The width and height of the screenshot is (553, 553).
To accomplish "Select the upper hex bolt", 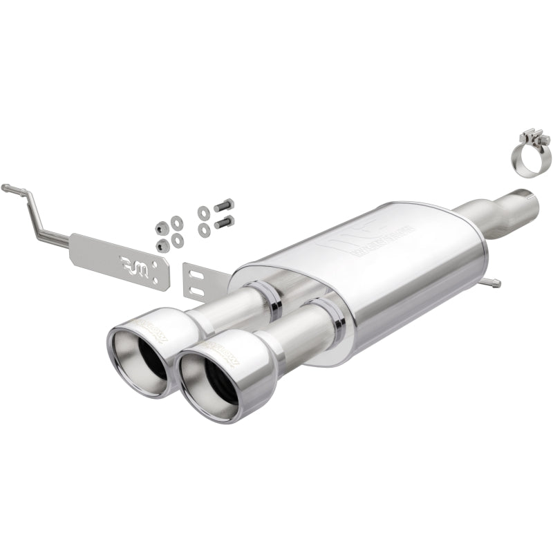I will coord(225,205).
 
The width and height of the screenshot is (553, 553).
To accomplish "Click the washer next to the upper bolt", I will coord(203,212).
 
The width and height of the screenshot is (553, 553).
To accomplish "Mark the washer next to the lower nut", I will coord(178,239).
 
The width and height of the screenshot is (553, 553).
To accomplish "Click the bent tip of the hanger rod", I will coord(6,187).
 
